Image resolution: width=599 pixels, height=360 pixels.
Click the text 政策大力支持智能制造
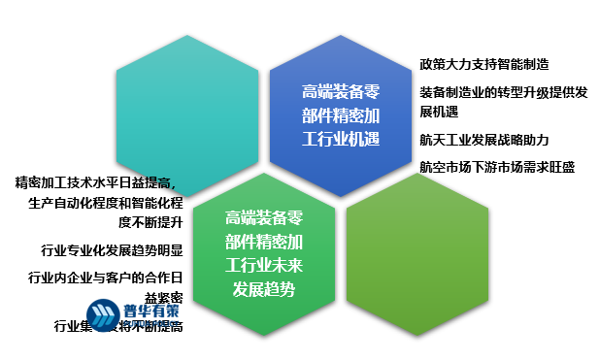tap(483, 64)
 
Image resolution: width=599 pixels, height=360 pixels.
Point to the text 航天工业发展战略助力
tap(483, 140)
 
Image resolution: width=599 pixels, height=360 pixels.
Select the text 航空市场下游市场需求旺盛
tap(496, 166)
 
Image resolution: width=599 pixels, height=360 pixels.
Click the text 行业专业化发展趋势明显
tap(112, 249)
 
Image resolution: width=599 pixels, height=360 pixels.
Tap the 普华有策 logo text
tap(151, 311)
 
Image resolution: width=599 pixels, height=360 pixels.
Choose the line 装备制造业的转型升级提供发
tap(503, 92)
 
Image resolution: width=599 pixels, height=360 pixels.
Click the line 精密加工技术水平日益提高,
tap(98, 182)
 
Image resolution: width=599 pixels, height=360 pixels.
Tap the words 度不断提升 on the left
tap(150, 221)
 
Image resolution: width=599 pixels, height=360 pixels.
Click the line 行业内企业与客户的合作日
tap(105, 278)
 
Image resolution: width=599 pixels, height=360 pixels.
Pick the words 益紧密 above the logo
tap(163, 297)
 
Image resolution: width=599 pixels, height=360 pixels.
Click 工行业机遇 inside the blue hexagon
tap(339, 139)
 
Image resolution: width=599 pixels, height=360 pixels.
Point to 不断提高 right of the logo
tap(155, 327)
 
